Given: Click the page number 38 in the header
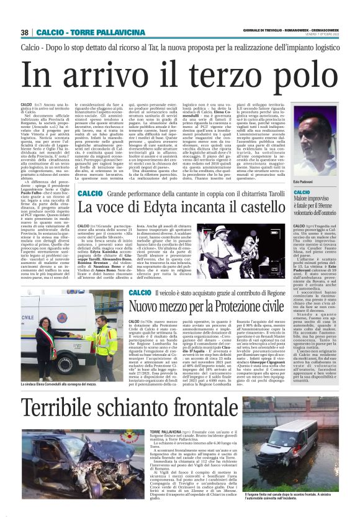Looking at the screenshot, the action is [x=24, y=32].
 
